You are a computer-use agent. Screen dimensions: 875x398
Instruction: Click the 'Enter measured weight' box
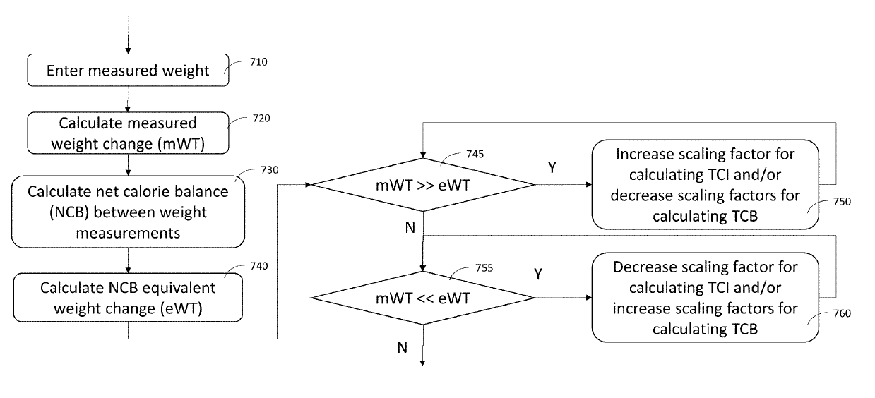[x=128, y=71]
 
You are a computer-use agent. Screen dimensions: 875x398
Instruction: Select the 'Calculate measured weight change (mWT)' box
[x=128, y=133]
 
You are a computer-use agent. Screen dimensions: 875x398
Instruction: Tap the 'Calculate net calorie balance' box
[x=128, y=212]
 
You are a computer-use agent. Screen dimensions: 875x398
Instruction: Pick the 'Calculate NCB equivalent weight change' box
[x=128, y=298]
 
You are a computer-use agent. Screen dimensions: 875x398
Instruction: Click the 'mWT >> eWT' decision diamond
[x=422, y=185]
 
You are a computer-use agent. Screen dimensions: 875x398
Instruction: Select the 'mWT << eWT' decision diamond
[x=422, y=298]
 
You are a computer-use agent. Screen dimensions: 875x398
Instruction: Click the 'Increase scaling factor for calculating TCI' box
[x=705, y=185]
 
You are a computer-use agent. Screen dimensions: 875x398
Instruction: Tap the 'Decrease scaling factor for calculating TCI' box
[x=705, y=298]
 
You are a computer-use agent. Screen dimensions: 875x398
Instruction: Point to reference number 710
[x=258, y=62]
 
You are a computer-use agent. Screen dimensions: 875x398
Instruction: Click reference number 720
[x=261, y=119]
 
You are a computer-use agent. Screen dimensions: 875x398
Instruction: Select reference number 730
[x=270, y=170]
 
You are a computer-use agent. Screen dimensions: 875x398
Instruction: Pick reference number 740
[x=259, y=266]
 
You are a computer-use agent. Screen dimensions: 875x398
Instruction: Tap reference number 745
[x=475, y=154]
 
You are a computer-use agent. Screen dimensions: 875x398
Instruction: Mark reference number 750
[x=842, y=202]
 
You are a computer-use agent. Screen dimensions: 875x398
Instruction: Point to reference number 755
[x=484, y=268]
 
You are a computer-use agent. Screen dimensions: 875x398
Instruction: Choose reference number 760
[x=842, y=314]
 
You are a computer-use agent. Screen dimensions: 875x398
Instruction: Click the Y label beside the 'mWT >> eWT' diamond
[x=552, y=167]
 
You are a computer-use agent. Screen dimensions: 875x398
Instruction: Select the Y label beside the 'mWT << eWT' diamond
[x=538, y=275]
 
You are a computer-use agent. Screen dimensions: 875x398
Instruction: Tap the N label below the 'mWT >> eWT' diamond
[x=410, y=227]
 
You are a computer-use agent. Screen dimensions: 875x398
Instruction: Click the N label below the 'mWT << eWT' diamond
[x=403, y=347]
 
